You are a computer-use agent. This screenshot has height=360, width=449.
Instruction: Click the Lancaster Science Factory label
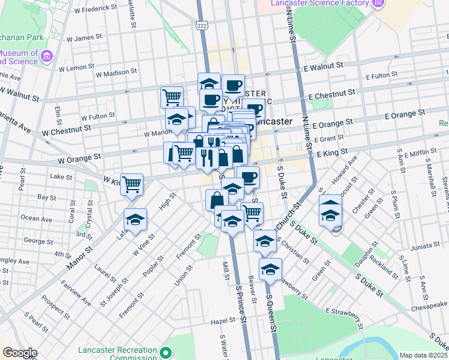(x=319, y=4)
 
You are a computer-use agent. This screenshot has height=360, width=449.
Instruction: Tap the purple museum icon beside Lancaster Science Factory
(x=378, y=5)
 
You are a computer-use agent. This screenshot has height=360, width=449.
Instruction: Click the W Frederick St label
(x=95, y=9)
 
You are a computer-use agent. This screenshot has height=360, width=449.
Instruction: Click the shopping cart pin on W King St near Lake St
(x=132, y=185)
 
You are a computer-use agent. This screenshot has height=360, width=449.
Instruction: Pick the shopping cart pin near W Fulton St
(x=172, y=97)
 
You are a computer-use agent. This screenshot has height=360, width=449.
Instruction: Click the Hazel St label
(x=221, y=322)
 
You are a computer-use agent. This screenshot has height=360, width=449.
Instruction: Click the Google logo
(x=20, y=353)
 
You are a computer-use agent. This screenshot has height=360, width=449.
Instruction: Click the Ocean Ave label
(x=36, y=218)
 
